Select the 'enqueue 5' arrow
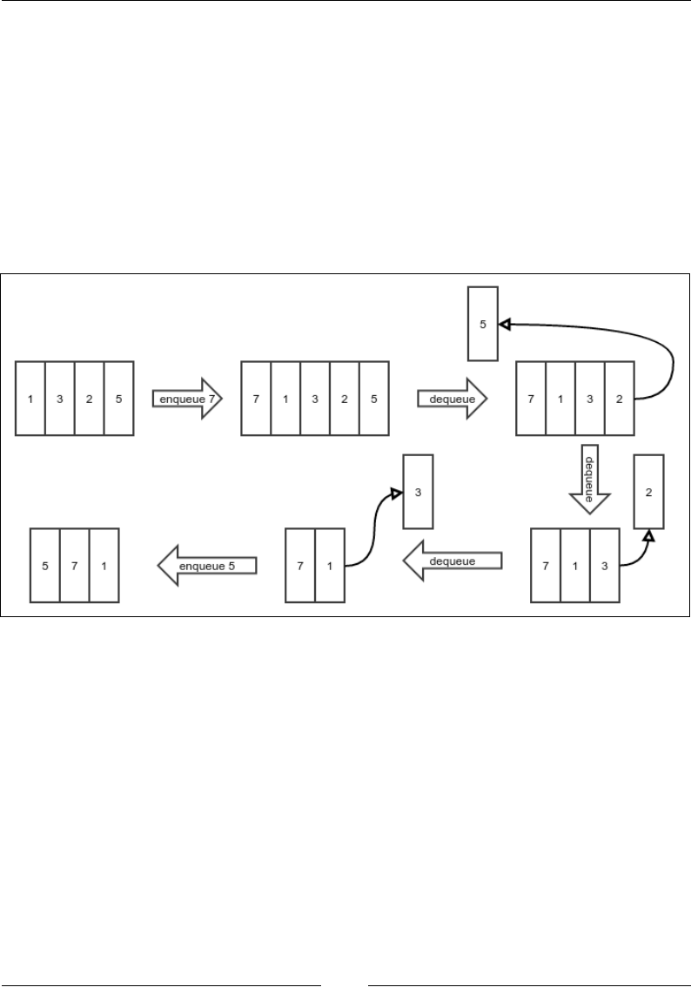pyautogui.click(x=208, y=566)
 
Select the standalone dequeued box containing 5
pyautogui.click(x=483, y=323)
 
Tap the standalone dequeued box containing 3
pyautogui.click(x=418, y=492)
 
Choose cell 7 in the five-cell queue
pyautogui.click(x=256, y=398)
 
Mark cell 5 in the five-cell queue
pyautogui.click(x=373, y=398)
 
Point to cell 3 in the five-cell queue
pyautogui.click(x=315, y=398)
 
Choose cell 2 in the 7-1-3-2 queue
pyautogui.click(x=619, y=398)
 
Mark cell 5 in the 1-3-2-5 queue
pyautogui.click(x=118, y=398)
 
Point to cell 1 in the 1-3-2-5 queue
pyautogui.click(x=30, y=398)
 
